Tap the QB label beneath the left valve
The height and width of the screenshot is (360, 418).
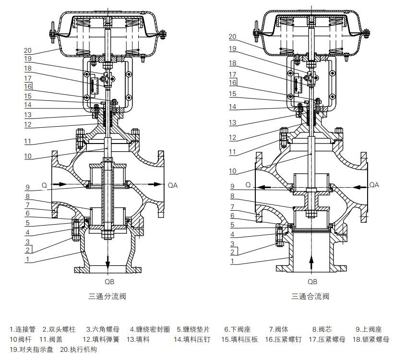(x=109, y=282)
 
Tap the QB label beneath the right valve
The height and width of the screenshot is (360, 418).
(x=312, y=282)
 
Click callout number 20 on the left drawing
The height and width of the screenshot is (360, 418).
(x=27, y=50)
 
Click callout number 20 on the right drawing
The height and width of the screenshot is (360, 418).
(x=232, y=36)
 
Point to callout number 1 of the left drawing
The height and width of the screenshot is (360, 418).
(x=27, y=259)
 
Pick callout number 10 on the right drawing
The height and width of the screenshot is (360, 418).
(x=232, y=171)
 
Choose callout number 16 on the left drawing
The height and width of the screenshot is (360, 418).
(x=27, y=86)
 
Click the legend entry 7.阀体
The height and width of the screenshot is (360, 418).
(x=278, y=330)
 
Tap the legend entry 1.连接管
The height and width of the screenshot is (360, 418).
(x=23, y=330)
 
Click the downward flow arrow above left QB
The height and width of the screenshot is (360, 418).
(x=108, y=260)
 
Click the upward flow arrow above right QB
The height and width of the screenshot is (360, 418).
(x=311, y=262)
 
